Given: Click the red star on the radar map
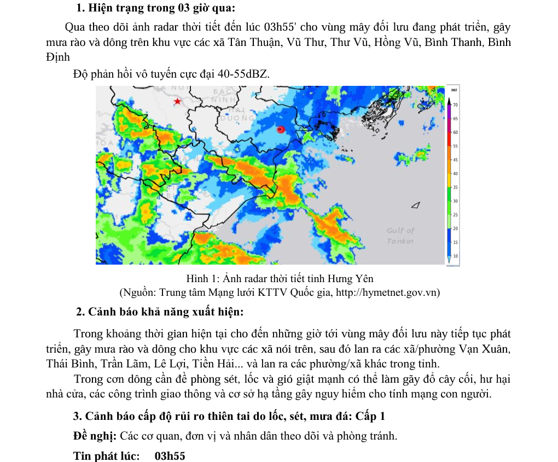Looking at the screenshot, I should (x=177, y=102).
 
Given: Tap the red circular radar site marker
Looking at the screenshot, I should (x=281, y=130).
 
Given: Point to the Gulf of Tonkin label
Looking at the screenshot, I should (x=400, y=236).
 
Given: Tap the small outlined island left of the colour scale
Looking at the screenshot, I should (x=417, y=205).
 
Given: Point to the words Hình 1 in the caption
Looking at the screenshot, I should (x=202, y=279).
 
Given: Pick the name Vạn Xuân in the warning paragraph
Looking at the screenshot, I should (x=485, y=349).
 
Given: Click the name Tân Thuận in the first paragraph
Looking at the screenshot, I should (x=252, y=42).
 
